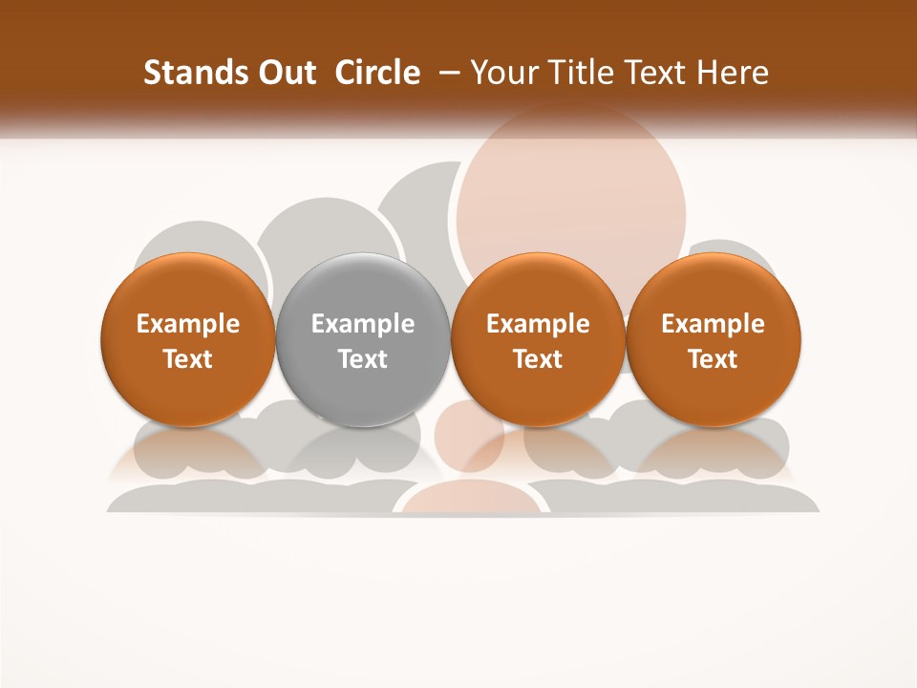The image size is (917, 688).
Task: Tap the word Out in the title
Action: click(286, 73)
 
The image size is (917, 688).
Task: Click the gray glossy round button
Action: click(362, 340)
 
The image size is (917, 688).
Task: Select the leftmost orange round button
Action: click(187, 340)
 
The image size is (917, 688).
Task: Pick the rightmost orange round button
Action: click(713, 340)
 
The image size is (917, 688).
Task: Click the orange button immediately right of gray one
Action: click(538, 340)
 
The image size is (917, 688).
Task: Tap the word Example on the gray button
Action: click(363, 324)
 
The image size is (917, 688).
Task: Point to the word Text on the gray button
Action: click(363, 359)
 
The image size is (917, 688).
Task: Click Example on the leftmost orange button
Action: click(188, 324)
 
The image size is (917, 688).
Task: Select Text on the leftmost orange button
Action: click(188, 359)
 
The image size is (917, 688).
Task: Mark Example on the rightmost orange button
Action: click(713, 324)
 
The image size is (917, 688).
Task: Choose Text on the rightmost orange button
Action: click(713, 359)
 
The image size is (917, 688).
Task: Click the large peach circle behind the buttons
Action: click(571, 191)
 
